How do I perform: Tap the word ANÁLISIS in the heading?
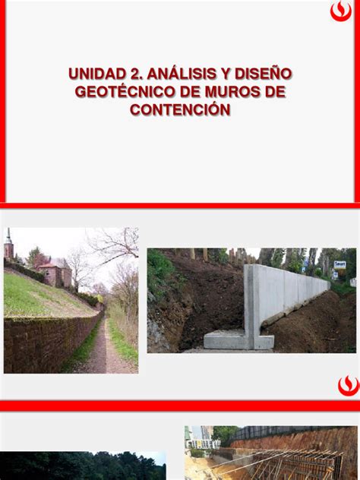click(179, 74)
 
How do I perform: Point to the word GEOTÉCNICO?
click(125, 92)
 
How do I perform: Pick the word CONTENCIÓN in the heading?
click(180, 110)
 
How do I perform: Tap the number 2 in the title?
click(133, 74)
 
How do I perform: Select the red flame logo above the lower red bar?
click(347, 385)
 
